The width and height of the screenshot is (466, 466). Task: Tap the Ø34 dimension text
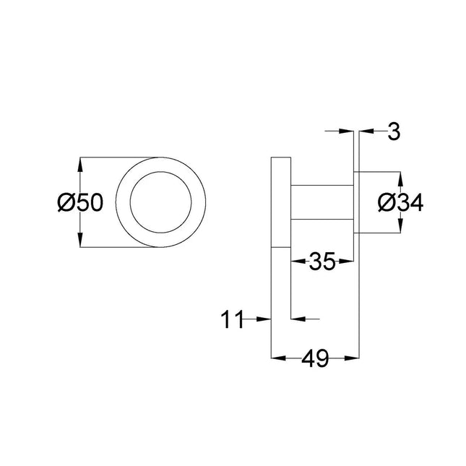pos(399,204)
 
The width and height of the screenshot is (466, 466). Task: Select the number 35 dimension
pos(322,262)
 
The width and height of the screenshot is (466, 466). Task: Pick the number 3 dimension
pos(394,132)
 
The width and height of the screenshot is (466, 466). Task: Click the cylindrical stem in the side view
pos(322,202)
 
